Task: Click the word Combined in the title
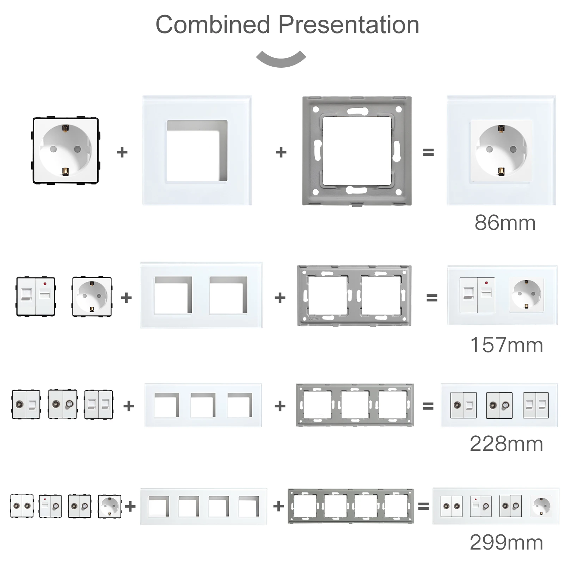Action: [213, 25]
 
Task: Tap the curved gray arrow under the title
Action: [281, 60]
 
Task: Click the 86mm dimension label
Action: [505, 223]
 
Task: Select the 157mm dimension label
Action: [506, 345]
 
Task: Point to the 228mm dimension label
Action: [506, 443]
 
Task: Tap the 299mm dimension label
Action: [506, 542]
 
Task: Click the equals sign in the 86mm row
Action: [428, 152]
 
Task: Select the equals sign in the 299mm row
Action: [423, 506]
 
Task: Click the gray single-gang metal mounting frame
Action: [357, 151]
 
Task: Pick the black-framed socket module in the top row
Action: [66, 151]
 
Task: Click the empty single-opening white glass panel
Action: [197, 151]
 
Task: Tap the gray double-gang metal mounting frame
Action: [354, 295]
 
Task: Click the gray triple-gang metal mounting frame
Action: [355, 405]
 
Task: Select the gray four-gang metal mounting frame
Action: [350, 506]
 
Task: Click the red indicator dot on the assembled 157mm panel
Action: [486, 283]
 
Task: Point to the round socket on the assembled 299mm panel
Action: [541, 506]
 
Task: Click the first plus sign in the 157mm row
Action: [126, 298]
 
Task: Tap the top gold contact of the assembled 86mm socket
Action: [501, 129]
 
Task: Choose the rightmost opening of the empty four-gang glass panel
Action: [249, 506]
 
